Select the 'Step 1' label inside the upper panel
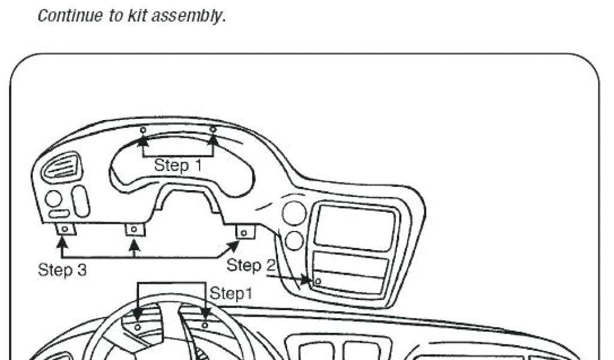tap(178, 165)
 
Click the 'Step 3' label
tap(62, 270)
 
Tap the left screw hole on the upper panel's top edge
tap(143, 130)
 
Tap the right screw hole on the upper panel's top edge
tap(212, 129)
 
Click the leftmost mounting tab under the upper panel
tap(64, 229)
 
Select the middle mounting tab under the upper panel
tap(134, 229)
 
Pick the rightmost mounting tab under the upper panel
tap(244, 232)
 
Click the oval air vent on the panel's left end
tap(61, 166)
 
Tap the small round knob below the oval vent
tap(53, 198)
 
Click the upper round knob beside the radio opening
tap(294, 213)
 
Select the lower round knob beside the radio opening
tap(293, 241)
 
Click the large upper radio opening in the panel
tap(355, 227)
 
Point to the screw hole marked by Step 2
tap(318, 281)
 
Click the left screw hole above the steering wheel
tap(138, 326)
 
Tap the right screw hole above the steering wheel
tap(204, 325)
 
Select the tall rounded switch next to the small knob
tap(80, 201)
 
